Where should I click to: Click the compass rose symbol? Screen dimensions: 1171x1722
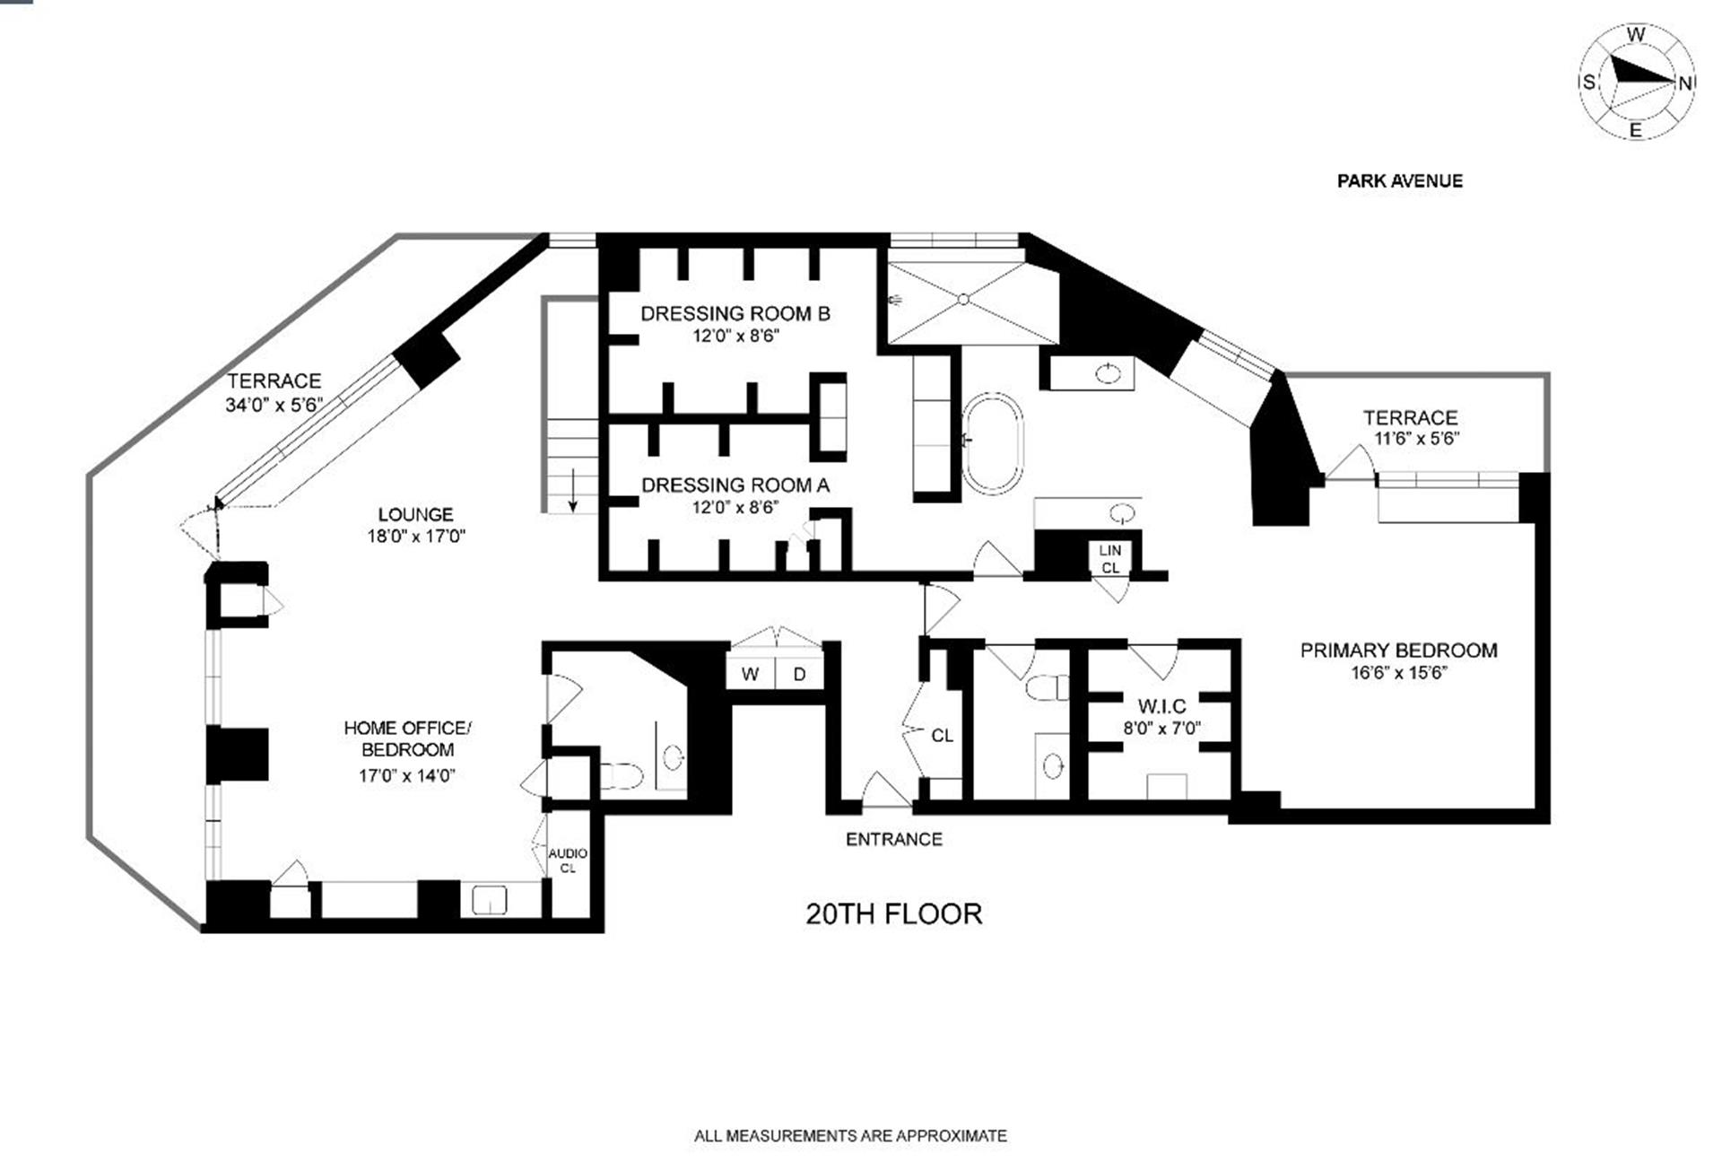pyautogui.click(x=1636, y=83)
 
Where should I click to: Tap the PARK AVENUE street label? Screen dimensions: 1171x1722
pyautogui.click(x=1399, y=181)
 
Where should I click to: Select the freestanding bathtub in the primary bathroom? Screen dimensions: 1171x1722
pyautogui.click(x=992, y=443)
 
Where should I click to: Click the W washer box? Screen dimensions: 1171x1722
pyautogui.click(x=751, y=674)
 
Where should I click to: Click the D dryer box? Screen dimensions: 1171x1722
pyautogui.click(x=799, y=674)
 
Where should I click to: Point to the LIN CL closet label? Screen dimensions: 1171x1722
pyautogui.click(x=1109, y=559)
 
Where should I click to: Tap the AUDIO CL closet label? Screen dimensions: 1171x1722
pyautogui.click(x=568, y=861)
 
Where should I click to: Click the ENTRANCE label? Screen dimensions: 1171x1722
pyautogui.click(x=894, y=840)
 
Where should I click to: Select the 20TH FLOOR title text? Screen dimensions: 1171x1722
pyautogui.click(x=893, y=914)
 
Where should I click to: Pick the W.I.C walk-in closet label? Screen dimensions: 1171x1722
pyautogui.click(x=1161, y=706)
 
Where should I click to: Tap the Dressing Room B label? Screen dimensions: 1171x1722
pyautogui.click(x=735, y=313)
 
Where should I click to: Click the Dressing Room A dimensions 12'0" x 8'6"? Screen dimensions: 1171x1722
pyautogui.click(x=735, y=508)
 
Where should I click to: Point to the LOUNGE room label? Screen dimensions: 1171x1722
pyautogui.click(x=415, y=514)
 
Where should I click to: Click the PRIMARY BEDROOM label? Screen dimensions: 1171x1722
pyautogui.click(x=1398, y=651)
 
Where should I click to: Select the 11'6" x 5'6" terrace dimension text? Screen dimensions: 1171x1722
pyautogui.click(x=1416, y=439)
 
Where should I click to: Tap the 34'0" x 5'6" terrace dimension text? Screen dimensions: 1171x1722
pyautogui.click(x=274, y=405)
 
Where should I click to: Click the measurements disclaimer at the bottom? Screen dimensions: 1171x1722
pyautogui.click(x=850, y=1136)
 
